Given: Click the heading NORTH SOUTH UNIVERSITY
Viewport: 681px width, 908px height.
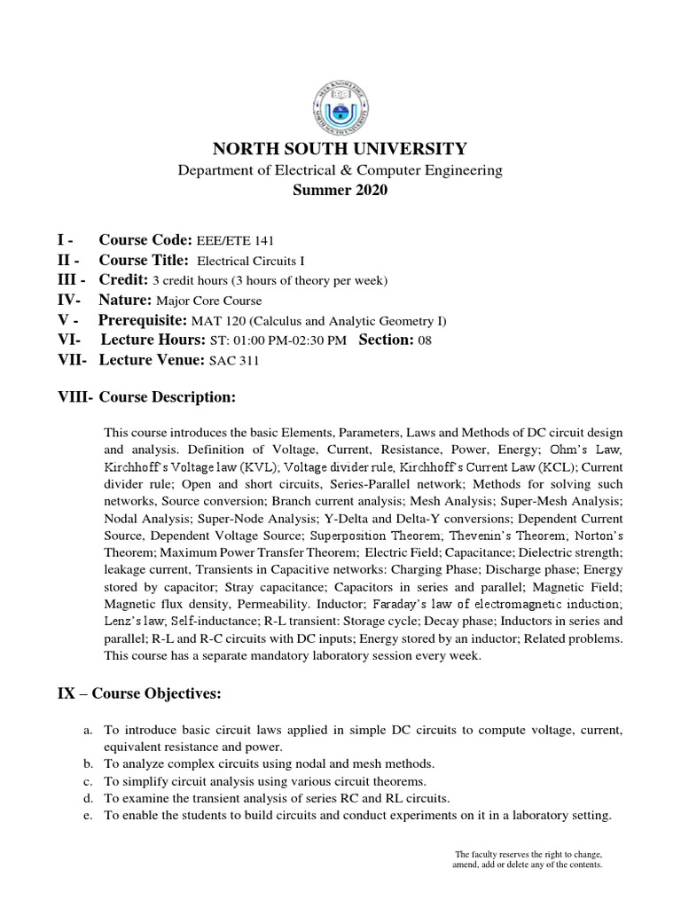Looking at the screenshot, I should (340, 148).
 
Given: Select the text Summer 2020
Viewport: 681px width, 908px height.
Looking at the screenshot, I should (340, 190).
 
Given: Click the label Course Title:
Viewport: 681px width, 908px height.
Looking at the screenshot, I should (144, 261).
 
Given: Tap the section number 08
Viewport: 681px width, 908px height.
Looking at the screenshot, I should (424, 340).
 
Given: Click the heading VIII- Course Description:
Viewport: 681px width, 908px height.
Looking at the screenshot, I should (146, 397).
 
